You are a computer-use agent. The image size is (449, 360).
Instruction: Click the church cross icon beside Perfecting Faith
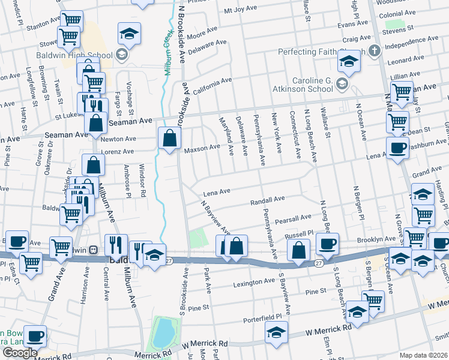375,50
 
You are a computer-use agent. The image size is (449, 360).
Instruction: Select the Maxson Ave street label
202,148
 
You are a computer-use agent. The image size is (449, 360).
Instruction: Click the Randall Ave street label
267,200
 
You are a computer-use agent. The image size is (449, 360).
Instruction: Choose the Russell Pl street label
300,233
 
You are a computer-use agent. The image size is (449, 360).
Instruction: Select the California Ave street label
212,83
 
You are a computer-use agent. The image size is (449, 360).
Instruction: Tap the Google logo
20,353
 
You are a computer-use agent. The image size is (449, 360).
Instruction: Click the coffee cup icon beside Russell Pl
328,244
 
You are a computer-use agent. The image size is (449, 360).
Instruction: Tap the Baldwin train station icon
93,250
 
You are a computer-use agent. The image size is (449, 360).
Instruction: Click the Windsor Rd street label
143,181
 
